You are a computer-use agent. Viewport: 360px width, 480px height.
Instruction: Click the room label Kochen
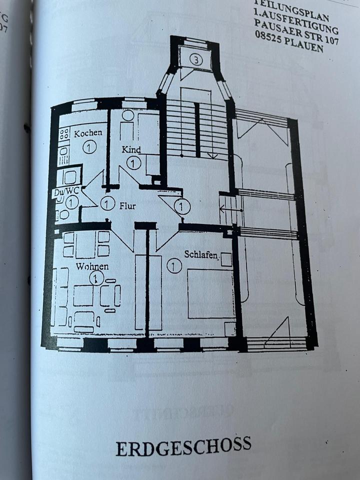[88, 133]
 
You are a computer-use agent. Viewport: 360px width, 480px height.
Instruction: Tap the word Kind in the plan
[131, 149]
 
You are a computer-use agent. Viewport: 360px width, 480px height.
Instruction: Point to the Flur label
[127, 205]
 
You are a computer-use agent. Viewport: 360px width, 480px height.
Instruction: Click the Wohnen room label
[92, 266]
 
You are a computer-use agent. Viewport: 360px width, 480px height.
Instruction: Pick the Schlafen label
[201, 254]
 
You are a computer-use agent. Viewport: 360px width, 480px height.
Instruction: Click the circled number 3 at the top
[196, 60]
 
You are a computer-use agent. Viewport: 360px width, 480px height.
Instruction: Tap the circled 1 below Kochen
[88, 147]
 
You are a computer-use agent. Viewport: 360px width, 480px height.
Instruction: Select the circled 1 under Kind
[133, 162]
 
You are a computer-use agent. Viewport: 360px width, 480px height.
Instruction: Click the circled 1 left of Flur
[107, 203]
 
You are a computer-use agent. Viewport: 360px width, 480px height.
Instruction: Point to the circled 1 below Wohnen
[95, 277]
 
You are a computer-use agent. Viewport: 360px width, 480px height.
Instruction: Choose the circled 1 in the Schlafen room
[174, 265]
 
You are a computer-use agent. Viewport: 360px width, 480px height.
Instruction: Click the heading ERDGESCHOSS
[183, 445]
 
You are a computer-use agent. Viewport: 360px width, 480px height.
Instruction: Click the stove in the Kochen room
[64, 133]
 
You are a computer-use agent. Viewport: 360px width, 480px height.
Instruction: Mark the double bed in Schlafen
[210, 294]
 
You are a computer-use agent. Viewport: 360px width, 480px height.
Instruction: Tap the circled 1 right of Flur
[182, 206]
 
